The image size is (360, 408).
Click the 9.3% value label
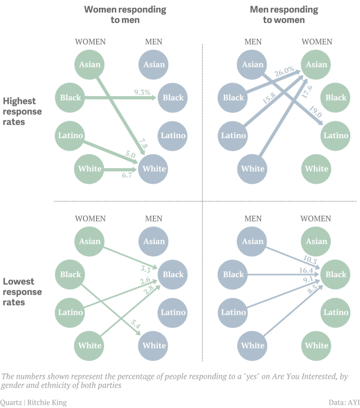click(x=142, y=92)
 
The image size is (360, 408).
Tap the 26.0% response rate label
click(x=284, y=71)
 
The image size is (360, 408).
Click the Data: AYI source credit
click(x=343, y=402)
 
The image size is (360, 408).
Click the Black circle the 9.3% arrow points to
click(x=173, y=97)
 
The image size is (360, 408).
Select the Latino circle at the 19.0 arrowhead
click(x=336, y=135)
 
